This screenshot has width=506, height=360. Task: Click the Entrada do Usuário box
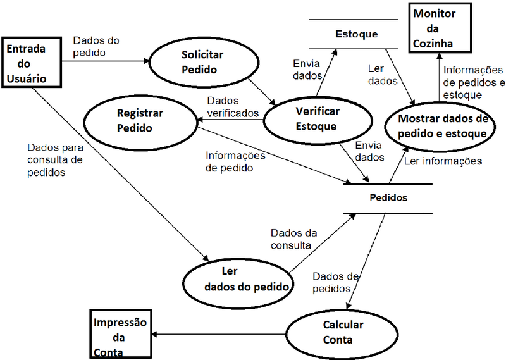[34, 63]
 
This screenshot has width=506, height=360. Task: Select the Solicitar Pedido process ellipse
[199, 61]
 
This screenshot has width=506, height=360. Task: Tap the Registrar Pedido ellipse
[140, 120]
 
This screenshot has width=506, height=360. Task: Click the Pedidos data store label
[388, 197]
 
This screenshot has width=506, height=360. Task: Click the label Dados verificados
[233, 107]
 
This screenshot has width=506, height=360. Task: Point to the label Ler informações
[443, 161]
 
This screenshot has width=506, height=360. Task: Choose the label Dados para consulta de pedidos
[54, 158]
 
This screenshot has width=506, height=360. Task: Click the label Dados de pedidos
[336, 282]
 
